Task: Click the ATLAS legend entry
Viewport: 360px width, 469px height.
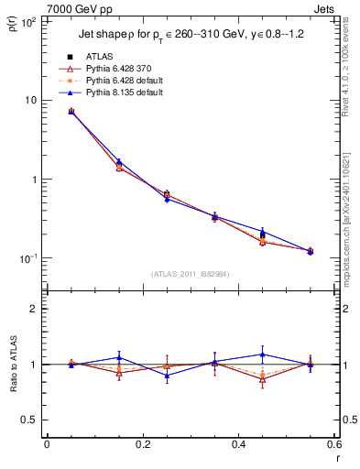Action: coord(97,57)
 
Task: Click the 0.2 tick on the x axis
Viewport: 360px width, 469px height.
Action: coord(142,445)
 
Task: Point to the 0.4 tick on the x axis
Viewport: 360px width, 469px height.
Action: coord(238,445)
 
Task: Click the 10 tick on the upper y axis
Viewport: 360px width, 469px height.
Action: coord(30,100)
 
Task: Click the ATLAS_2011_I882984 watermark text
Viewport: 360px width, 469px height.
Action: coord(190,275)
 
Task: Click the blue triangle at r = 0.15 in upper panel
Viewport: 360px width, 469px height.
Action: coord(119,161)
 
